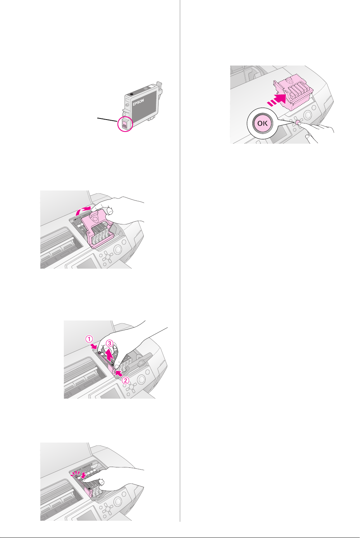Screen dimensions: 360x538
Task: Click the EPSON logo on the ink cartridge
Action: click(x=138, y=102)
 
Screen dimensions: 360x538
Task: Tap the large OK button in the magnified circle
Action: click(x=262, y=123)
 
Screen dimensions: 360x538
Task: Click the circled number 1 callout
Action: click(x=89, y=339)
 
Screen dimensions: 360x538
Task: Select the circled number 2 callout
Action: click(x=125, y=380)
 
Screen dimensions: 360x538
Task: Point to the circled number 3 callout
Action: click(x=110, y=343)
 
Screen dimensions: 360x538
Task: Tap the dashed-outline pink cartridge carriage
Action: click(x=293, y=95)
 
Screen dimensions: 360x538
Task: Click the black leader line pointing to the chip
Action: click(x=107, y=120)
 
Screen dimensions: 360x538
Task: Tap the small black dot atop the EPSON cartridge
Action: click(x=132, y=94)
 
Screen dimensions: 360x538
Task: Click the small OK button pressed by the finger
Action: click(x=298, y=122)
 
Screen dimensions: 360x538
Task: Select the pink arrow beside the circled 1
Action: click(x=94, y=346)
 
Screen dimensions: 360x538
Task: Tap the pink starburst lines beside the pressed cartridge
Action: click(x=75, y=474)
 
